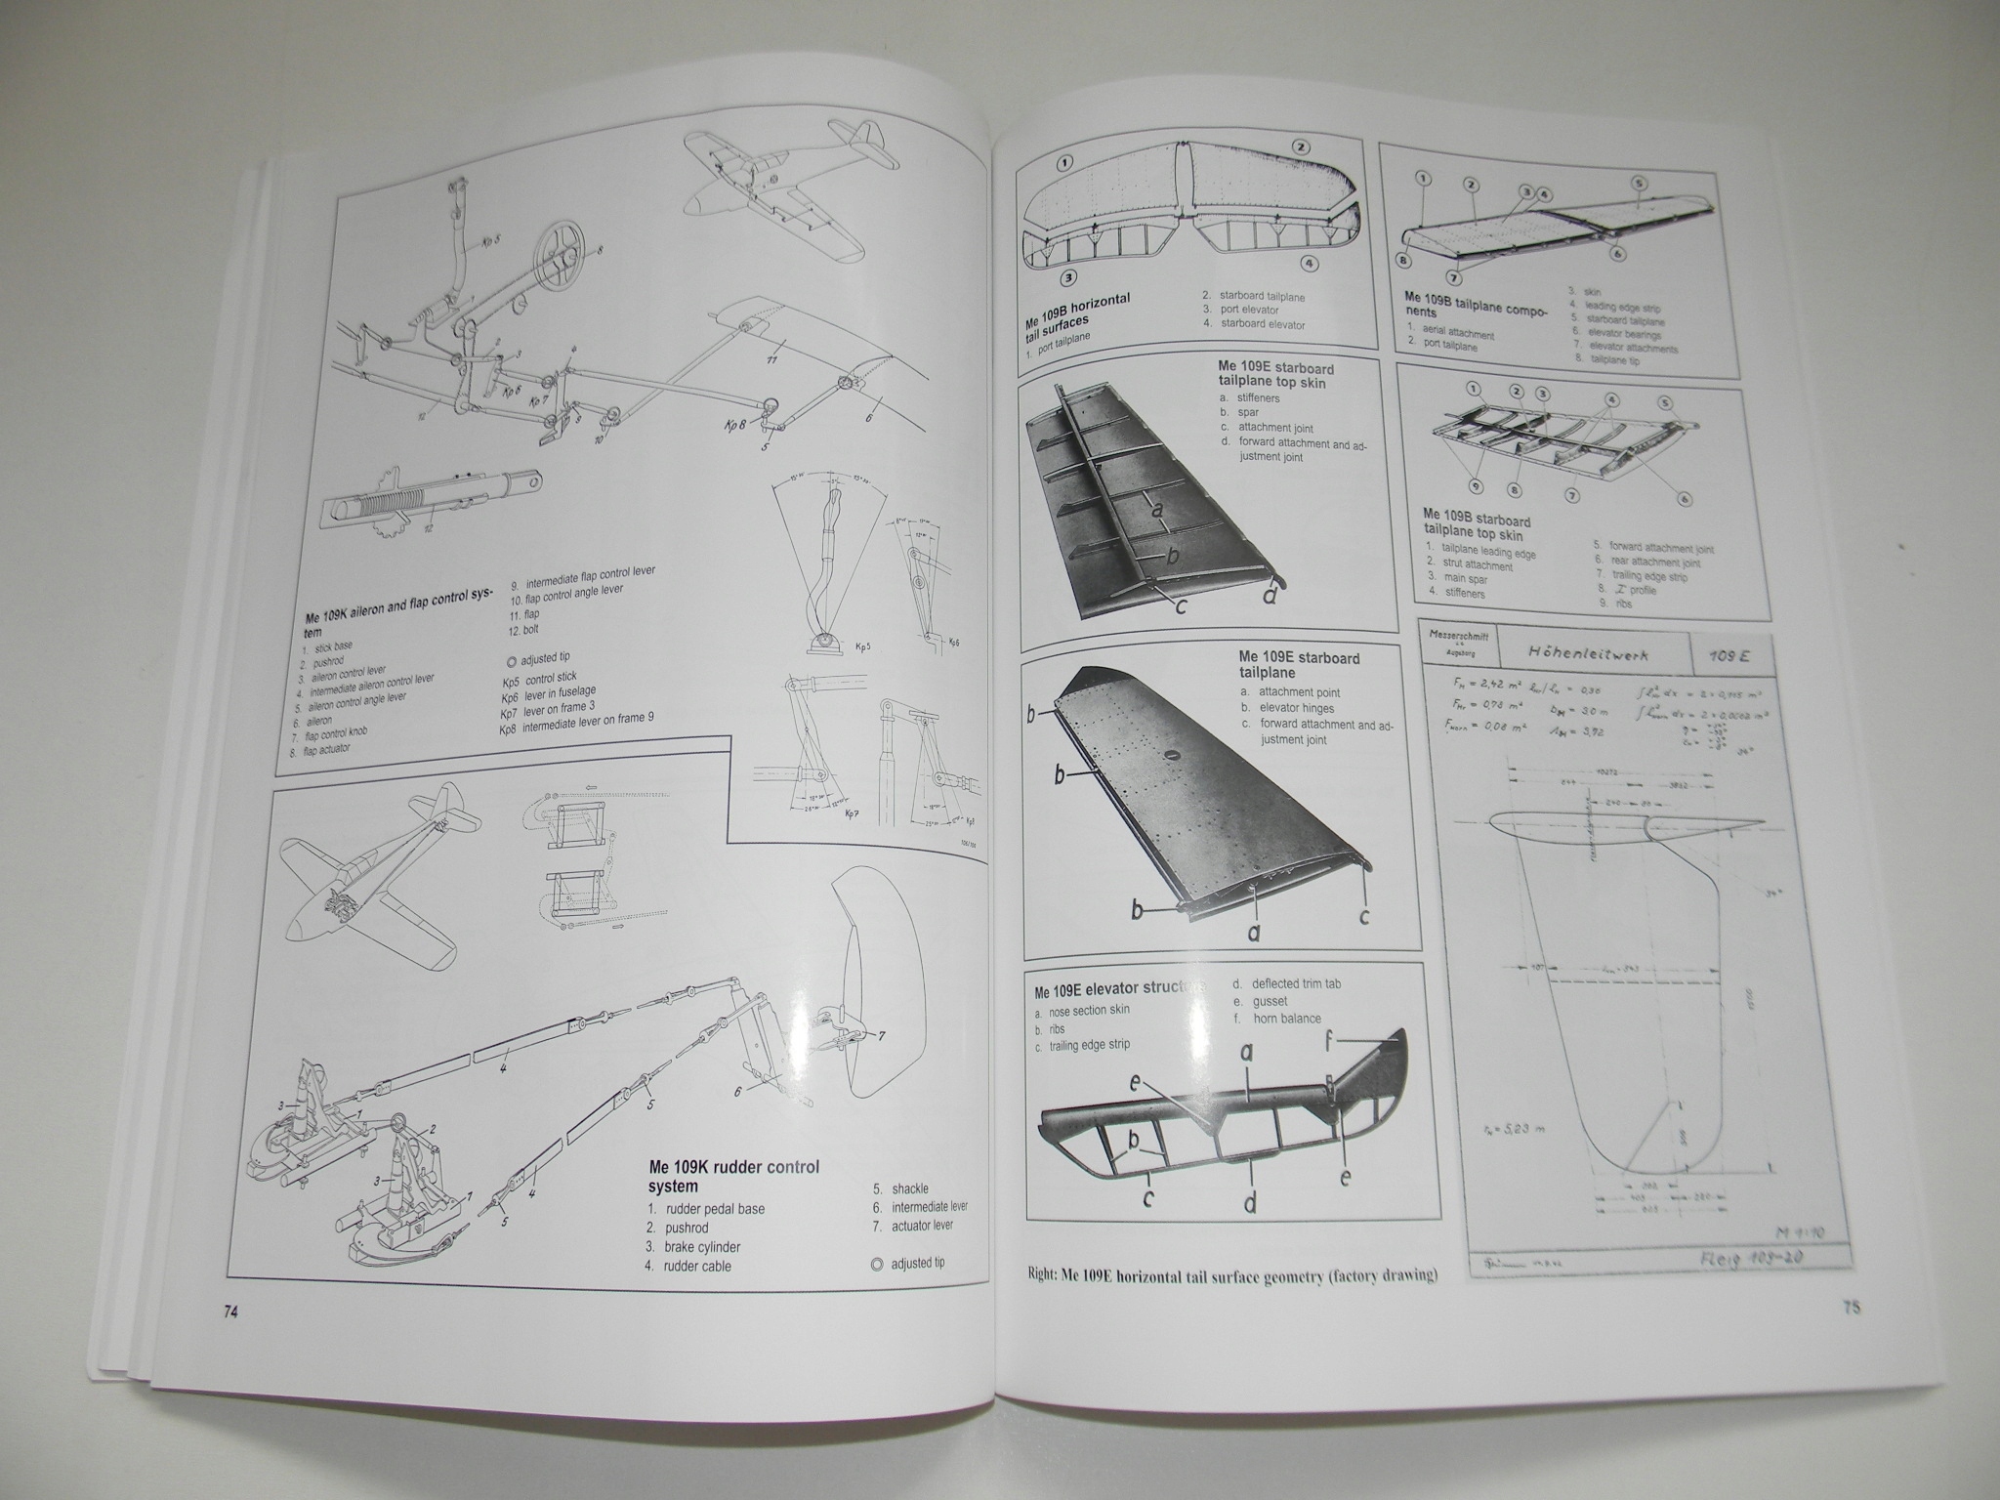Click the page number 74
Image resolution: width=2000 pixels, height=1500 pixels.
pyautogui.click(x=230, y=1312)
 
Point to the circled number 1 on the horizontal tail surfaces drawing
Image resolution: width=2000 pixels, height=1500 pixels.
pyautogui.click(x=1064, y=163)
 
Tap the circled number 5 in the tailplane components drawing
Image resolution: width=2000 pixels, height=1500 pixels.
pyautogui.click(x=1638, y=183)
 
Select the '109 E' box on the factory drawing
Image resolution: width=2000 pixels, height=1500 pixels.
pyautogui.click(x=1729, y=656)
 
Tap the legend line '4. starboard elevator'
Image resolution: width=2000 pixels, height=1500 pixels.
pyautogui.click(x=1253, y=324)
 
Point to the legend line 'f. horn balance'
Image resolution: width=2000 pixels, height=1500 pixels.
pyautogui.click(x=1276, y=1019)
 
